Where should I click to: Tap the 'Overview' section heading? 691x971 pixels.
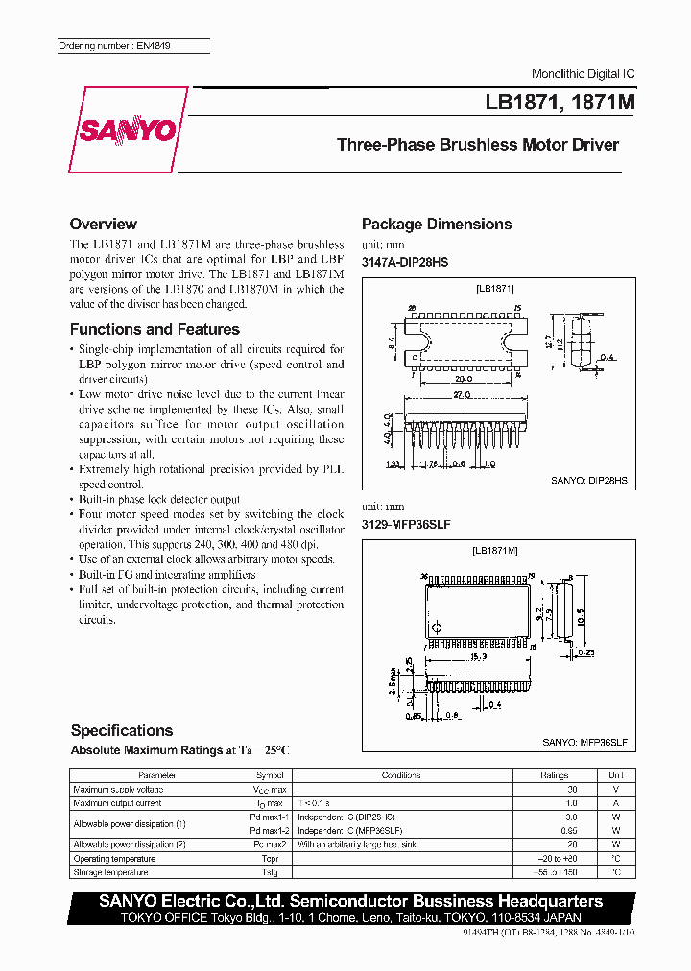coord(104,224)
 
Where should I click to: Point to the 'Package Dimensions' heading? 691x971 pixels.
coord(437,224)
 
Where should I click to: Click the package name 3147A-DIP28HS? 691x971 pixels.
coord(405,262)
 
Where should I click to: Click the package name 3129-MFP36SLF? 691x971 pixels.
coord(406,525)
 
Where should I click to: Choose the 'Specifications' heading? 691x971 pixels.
coord(121,730)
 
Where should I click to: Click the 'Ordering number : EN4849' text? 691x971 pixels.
coord(114,46)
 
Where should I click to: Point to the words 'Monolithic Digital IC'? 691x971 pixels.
coord(583,74)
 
